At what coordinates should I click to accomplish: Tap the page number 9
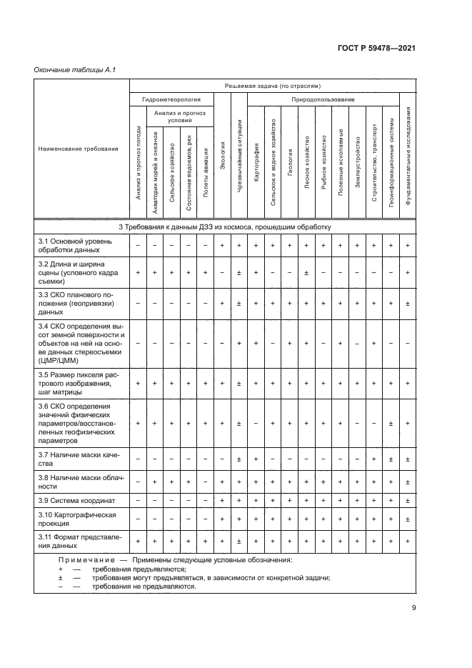tap(413, 609)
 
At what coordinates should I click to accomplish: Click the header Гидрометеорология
tap(171, 100)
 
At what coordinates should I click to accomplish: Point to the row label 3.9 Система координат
tap(76, 500)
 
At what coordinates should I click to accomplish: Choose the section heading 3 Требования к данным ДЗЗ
tap(224, 226)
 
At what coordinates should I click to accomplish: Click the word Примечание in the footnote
tap(84, 560)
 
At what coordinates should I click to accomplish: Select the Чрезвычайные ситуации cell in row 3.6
tap(239, 424)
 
